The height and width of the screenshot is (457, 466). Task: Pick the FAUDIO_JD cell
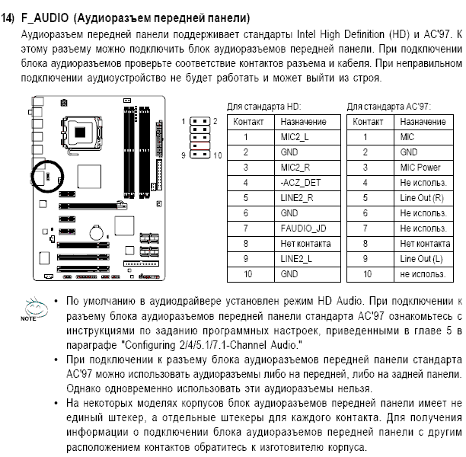pyautogui.click(x=303, y=228)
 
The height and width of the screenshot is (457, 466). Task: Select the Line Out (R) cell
pyautogui.click(x=423, y=198)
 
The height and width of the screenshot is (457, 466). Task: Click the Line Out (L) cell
pyautogui.click(x=423, y=259)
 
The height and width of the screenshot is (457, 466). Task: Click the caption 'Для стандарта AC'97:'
pyautogui.click(x=388, y=107)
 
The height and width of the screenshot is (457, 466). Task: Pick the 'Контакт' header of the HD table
pyautogui.click(x=249, y=122)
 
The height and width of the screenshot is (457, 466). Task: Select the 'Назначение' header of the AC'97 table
pyautogui.click(x=423, y=122)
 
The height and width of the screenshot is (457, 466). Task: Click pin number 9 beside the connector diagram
pyautogui.click(x=184, y=155)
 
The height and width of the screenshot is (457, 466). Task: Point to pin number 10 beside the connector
pyautogui.click(x=219, y=155)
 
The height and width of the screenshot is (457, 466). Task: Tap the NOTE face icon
pyautogui.click(x=34, y=308)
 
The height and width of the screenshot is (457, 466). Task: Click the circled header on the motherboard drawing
pyautogui.click(x=49, y=177)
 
